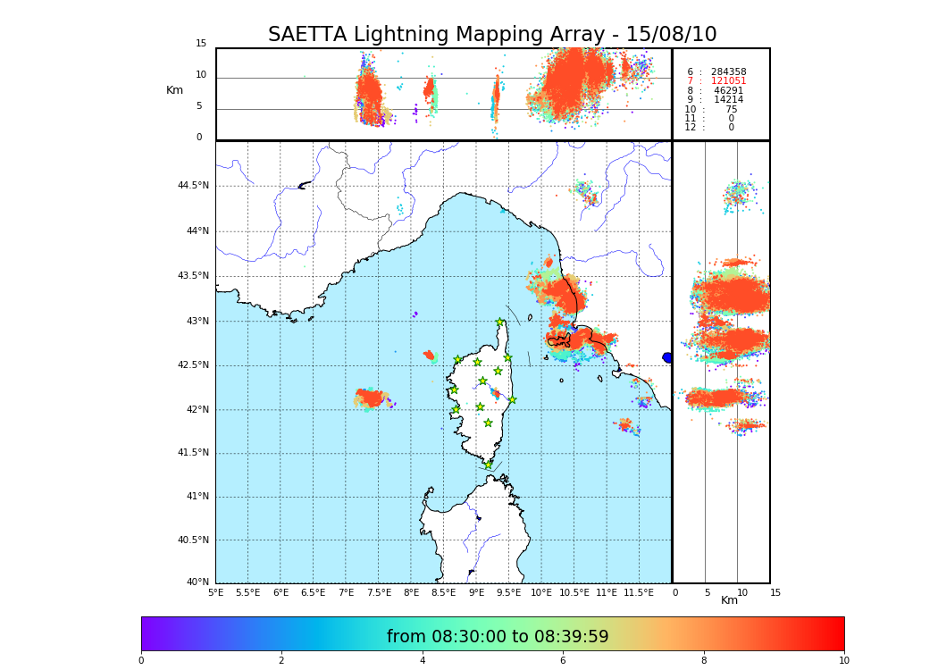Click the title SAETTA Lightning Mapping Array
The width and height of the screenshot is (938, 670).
pos(492,35)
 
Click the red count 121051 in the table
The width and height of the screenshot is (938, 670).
pos(728,81)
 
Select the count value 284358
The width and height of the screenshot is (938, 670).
pos(728,71)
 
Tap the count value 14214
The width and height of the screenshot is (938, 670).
pos(728,100)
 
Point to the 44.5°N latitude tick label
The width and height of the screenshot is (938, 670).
pos(192,186)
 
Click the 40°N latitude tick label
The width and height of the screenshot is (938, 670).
pos(197,582)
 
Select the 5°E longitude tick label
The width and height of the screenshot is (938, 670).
pos(215,592)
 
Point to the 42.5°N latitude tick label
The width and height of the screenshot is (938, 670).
pos(192,364)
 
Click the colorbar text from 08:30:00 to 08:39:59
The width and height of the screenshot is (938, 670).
pos(498,637)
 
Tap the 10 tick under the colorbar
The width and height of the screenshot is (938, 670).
pos(843,660)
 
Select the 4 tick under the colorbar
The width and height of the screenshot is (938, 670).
pos(423,660)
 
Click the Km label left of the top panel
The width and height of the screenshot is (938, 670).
pos(174,90)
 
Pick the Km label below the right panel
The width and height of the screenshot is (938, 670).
pos(729,600)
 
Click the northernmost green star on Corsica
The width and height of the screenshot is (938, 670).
pos(500,322)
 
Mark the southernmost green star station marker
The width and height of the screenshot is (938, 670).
pos(488,465)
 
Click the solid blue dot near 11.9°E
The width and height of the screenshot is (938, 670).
pos(667,357)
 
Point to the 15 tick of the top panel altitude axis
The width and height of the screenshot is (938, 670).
pos(201,44)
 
